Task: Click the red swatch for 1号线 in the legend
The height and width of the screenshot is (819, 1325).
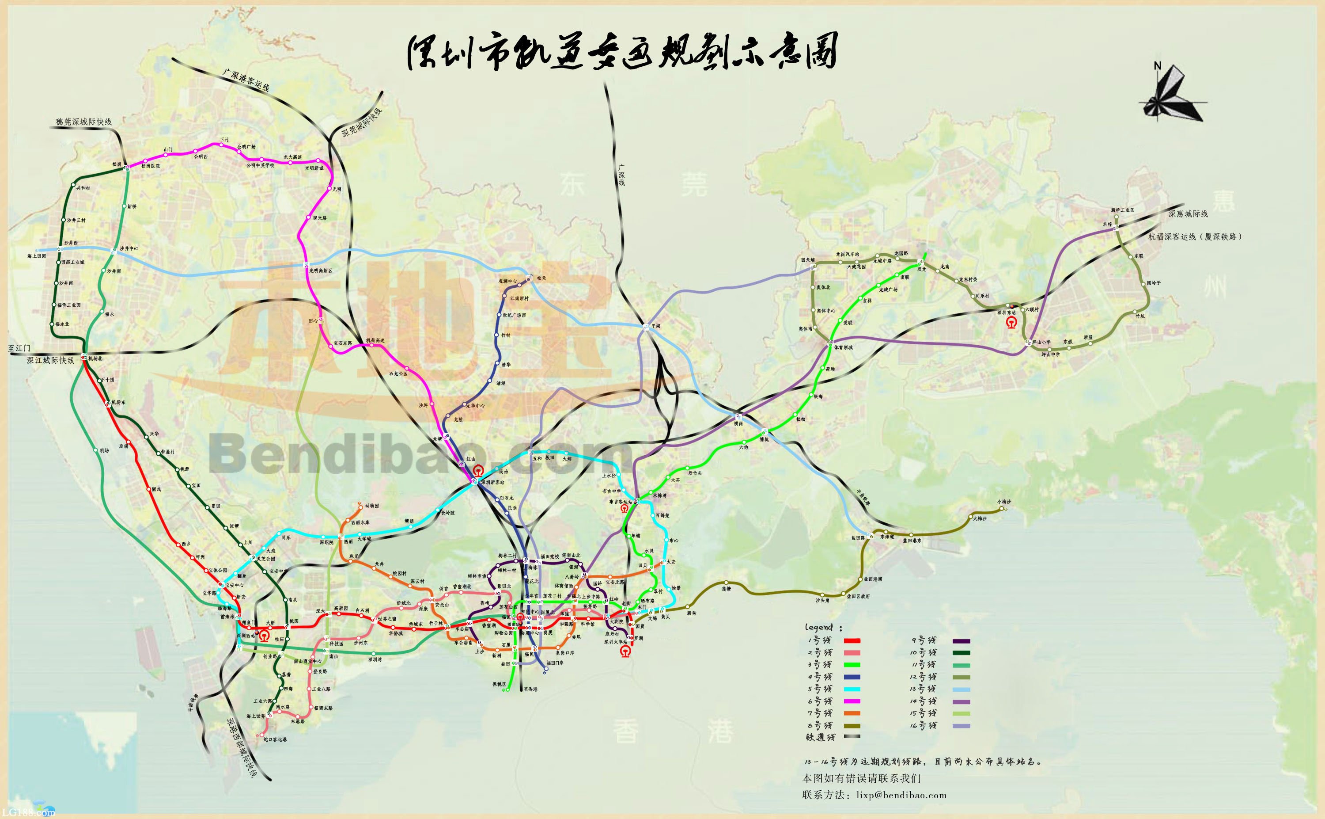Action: pyautogui.click(x=852, y=641)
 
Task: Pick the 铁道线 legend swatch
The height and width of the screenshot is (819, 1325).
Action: pyautogui.click(x=852, y=737)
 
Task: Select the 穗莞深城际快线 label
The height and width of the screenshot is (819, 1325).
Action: pyautogui.click(x=84, y=122)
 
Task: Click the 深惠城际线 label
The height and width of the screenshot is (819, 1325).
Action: pyautogui.click(x=1188, y=214)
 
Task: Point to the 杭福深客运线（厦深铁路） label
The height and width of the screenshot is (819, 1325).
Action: pyautogui.click(x=1195, y=237)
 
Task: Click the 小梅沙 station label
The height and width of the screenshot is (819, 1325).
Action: pyautogui.click(x=1004, y=502)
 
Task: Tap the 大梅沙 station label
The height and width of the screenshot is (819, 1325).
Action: pyautogui.click(x=980, y=518)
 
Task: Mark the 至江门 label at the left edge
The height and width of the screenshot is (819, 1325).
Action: pyautogui.click(x=19, y=348)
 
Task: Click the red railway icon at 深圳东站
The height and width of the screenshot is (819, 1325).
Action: pyautogui.click(x=1010, y=323)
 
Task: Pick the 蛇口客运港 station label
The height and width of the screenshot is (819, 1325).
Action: pyautogui.click(x=275, y=739)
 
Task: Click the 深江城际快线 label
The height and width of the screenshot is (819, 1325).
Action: pyautogui.click(x=50, y=361)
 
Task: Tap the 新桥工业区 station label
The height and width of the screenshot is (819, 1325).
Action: pyautogui.click(x=1123, y=210)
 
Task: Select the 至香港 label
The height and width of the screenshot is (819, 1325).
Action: pyautogui.click(x=530, y=689)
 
